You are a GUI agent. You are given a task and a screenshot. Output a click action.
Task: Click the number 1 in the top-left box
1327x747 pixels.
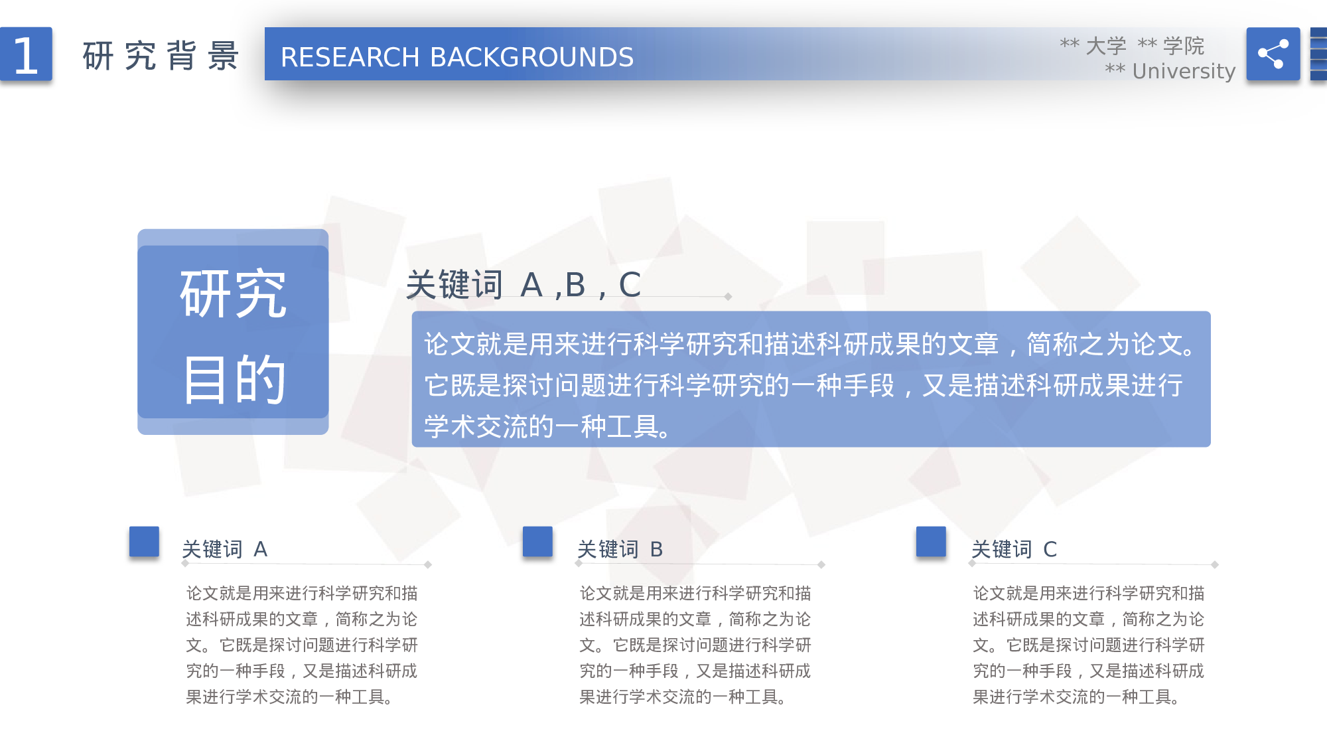point(26,55)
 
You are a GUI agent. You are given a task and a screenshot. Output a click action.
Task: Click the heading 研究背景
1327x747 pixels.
point(160,56)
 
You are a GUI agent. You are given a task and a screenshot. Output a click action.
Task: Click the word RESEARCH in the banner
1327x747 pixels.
point(350,57)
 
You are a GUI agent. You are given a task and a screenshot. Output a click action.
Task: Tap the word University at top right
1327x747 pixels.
point(1183,70)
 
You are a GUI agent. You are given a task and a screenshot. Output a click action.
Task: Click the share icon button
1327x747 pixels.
point(1273,54)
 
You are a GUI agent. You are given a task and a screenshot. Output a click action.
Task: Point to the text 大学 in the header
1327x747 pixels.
point(1105,45)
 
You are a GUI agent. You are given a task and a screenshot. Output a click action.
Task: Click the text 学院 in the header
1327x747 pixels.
point(1183,45)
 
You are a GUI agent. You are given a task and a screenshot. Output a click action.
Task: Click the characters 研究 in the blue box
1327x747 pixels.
point(233,293)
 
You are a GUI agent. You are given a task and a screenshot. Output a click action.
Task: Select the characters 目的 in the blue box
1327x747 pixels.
point(233,379)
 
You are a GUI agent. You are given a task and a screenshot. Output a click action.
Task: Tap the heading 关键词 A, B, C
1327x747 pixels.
point(523,285)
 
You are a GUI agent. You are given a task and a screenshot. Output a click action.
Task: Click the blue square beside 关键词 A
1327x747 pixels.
point(144,541)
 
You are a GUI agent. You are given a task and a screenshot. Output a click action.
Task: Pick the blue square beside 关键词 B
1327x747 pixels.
point(537,541)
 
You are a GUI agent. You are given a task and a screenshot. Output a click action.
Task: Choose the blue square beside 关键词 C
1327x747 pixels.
point(931,541)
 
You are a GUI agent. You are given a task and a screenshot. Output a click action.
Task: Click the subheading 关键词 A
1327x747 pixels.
point(224,549)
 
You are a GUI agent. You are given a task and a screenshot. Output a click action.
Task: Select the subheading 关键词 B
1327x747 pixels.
point(620,549)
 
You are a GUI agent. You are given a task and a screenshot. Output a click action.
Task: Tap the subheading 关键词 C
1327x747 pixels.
point(1014,549)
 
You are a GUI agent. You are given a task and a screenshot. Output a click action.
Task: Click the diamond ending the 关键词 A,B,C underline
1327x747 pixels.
point(728,297)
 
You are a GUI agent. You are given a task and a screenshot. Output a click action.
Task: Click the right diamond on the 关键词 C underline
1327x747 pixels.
point(1214,564)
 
